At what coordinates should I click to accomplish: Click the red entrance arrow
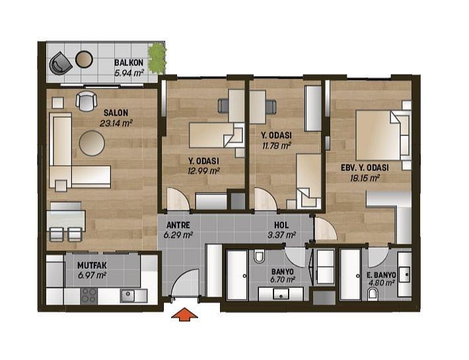184,314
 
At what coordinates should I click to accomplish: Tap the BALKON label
129,63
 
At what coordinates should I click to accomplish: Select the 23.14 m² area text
116,123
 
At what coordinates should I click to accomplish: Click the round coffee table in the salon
92,143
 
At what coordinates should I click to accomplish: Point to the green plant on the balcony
157,58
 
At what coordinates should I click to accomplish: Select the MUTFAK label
92,266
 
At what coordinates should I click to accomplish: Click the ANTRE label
178,225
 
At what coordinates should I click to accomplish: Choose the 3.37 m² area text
282,234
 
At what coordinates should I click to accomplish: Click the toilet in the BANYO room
260,256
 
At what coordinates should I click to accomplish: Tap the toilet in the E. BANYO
373,294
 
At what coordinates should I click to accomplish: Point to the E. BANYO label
381,275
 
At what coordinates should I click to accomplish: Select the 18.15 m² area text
365,178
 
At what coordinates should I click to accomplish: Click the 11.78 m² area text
277,146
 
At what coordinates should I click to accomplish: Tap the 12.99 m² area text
203,171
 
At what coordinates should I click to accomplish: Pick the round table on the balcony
84,59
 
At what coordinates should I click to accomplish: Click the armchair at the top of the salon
87,101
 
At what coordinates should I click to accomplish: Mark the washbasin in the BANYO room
281,294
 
